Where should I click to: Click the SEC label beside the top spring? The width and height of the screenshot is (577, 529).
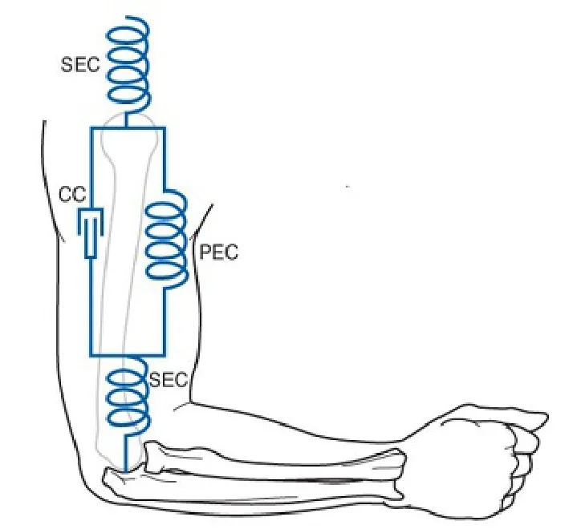tap(80, 65)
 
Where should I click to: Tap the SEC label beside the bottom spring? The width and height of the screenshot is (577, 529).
tap(169, 380)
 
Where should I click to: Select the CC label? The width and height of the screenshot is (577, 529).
tap(72, 194)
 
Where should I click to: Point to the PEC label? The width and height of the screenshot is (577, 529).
tap(218, 252)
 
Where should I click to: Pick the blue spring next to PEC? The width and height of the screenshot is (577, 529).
tap(167, 240)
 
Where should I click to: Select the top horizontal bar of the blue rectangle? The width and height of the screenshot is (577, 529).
tap(128, 128)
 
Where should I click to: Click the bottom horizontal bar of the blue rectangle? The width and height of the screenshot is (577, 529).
tap(127, 356)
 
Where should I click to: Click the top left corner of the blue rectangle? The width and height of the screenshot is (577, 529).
tap(91, 128)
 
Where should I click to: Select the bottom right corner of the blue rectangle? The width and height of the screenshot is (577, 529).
tap(164, 356)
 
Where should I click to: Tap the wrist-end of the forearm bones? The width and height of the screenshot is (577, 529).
tap(400, 474)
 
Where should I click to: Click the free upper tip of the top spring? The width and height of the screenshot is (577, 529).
tap(127, 17)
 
